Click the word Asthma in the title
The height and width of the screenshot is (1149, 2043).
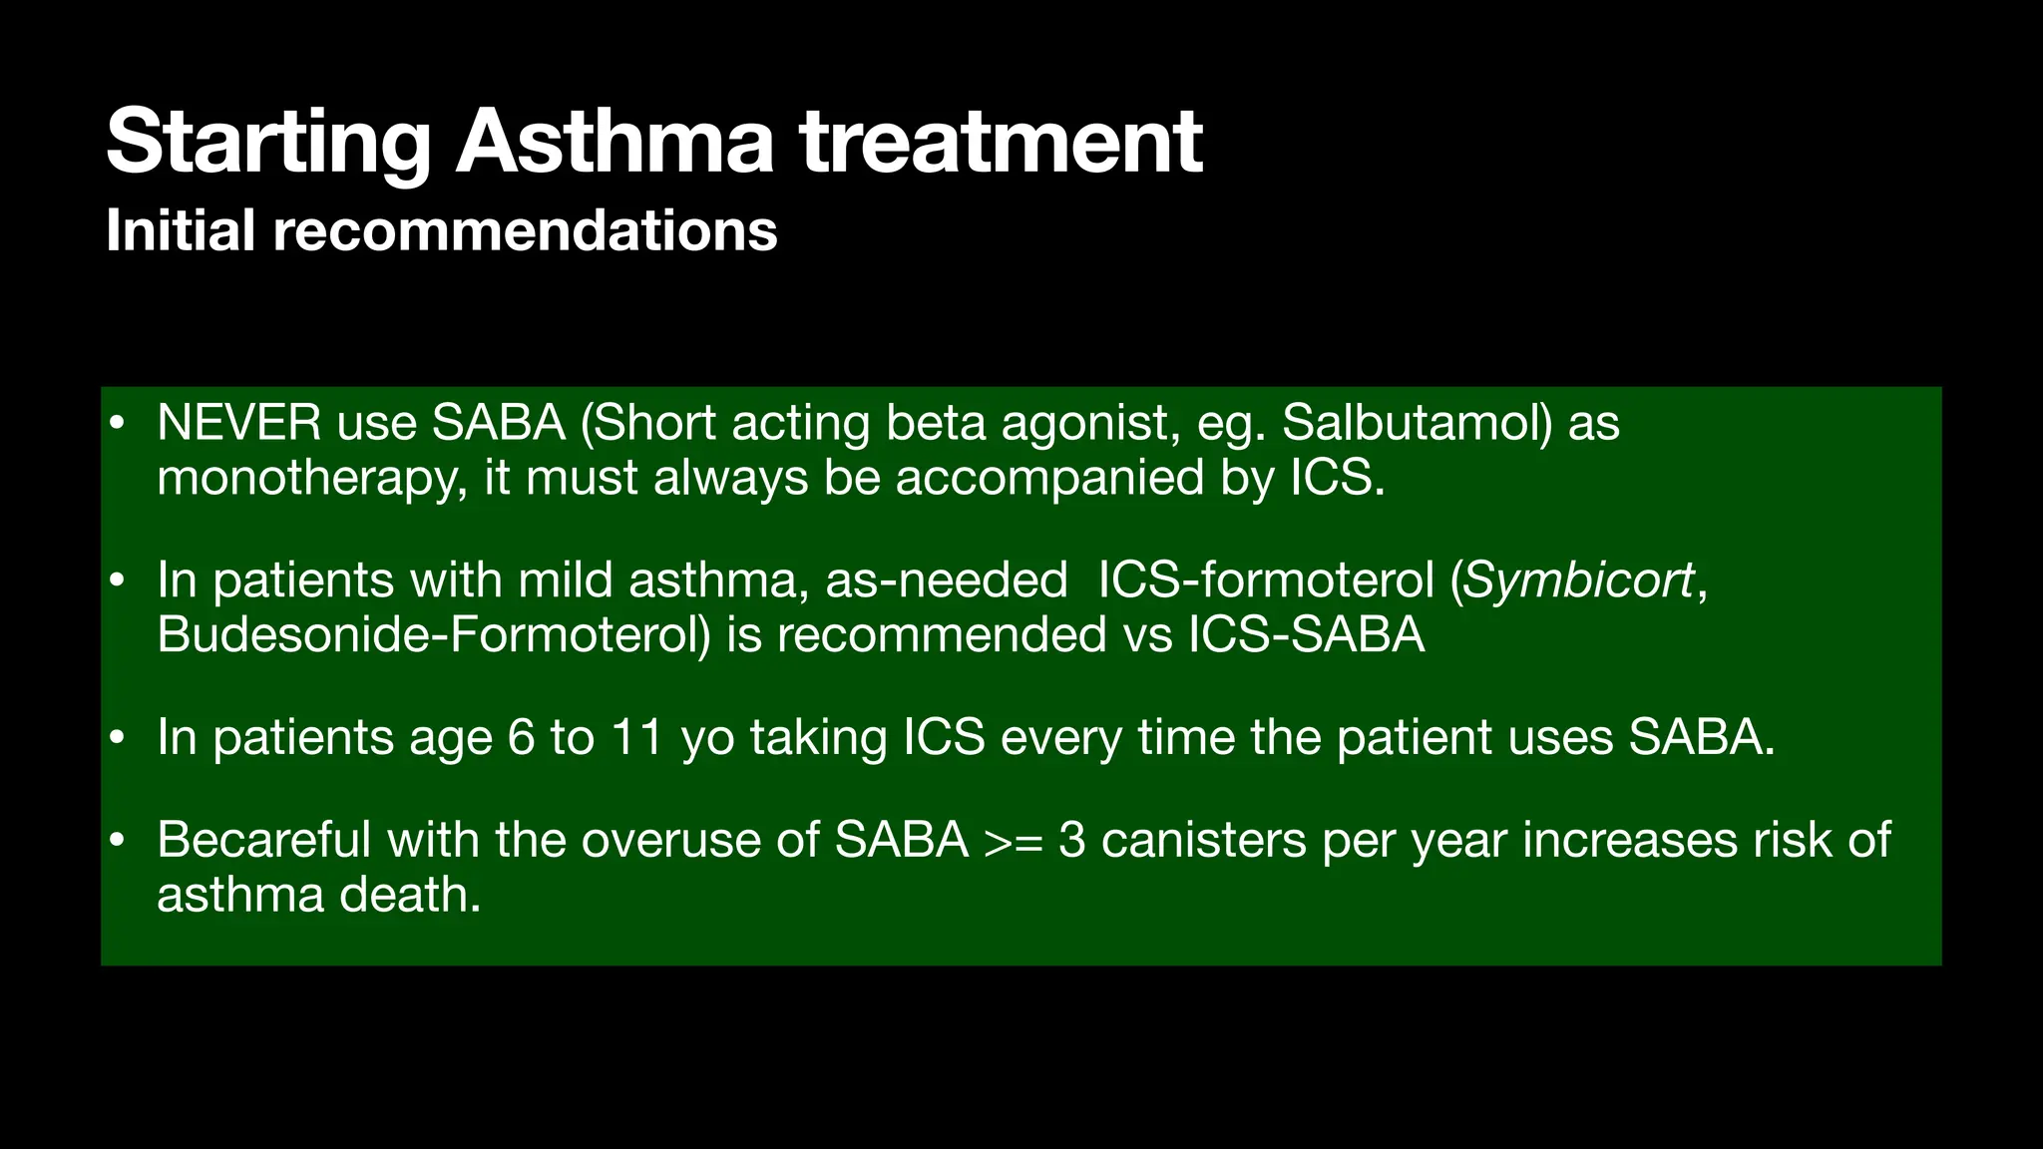(614, 142)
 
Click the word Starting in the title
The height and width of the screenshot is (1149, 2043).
(268, 144)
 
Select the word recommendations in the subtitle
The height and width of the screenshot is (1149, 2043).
(525, 231)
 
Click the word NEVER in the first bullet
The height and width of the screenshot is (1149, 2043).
(238, 423)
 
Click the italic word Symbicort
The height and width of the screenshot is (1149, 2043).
(1578, 580)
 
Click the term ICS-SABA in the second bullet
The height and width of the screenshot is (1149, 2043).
(1306, 635)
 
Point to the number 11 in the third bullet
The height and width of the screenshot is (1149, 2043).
(637, 738)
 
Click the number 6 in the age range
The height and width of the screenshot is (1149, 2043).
(521, 738)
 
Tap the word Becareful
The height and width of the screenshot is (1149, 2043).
(263, 840)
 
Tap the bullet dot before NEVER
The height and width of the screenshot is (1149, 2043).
(118, 425)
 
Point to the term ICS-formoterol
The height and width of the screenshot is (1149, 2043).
(1266, 580)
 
